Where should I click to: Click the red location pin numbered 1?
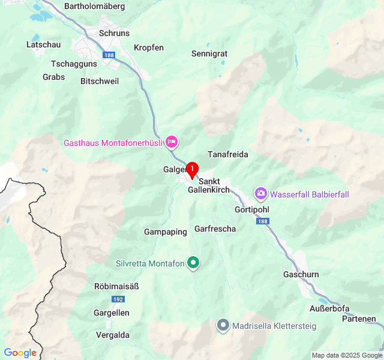coord(192,170)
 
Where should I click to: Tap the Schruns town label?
coord(114,34)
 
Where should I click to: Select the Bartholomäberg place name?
coord(94,7)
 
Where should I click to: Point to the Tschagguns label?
coord(74,64)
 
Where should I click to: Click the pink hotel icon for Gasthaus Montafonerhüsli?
coord(172,142)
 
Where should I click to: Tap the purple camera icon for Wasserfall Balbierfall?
coord(261,194)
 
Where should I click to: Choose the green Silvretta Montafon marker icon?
coord(193,263)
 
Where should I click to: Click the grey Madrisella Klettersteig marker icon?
coord(223,326)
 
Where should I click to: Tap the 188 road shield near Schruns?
coord(108,55)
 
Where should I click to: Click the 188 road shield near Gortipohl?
coord(262,221)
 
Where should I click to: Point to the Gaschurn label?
coord(301,274)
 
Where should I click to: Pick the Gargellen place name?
coord(111,313)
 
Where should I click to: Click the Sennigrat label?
coord(209,53)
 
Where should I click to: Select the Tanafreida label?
coord(227,154)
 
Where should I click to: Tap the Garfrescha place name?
coord(215,229)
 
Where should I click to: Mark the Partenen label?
coord(359,319)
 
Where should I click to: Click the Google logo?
coord(20,353)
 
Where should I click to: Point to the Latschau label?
coord(43,44)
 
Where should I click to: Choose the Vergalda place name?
coord(113,335)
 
